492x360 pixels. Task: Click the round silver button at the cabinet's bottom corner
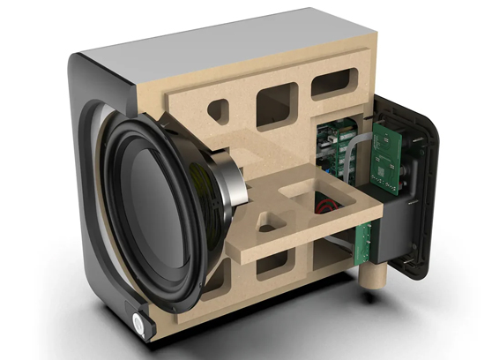[139, 323]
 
